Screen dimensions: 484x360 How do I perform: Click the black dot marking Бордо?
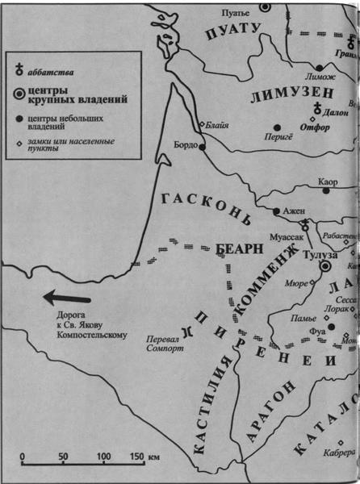click(202, 147)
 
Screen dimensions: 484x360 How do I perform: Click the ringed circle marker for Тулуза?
click(326, 265)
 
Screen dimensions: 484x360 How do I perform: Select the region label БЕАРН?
click(241, 248)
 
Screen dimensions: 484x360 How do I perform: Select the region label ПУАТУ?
click(235, 31)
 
